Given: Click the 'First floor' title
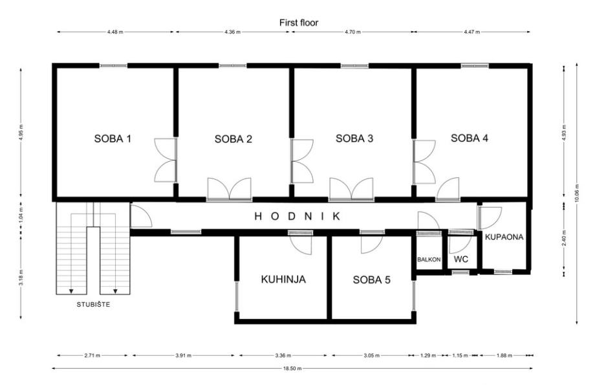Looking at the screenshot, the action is [299, 23].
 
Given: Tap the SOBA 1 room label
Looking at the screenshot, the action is [113, 138].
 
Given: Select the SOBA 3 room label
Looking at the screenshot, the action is [354, 138].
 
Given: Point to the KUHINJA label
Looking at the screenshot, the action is [283, 280].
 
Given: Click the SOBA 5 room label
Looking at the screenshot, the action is [371, 280].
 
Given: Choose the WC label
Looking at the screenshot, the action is [461, 259].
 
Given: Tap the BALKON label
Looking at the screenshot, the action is [429, 259].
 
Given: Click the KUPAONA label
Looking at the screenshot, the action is [504, 237].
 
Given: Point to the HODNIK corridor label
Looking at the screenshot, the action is [297, 216].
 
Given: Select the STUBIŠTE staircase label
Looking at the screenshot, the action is [93, 304].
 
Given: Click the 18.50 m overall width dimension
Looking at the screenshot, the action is [292, 368].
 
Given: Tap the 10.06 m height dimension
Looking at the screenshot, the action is [577, 193].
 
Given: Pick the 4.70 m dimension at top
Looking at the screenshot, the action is [352, 32].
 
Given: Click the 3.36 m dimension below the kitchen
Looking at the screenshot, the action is [283, 356].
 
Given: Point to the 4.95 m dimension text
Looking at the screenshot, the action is [21, 133].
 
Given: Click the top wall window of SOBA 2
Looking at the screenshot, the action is [232, 66].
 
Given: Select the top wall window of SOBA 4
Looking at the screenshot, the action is [475, 66].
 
